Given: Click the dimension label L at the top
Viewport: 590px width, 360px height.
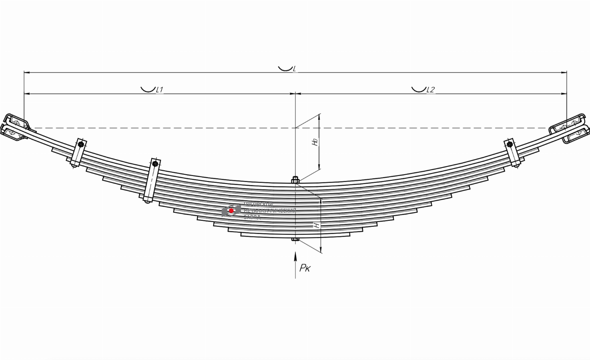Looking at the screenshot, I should tap(295, 69).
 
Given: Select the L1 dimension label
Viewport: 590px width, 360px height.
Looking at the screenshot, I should tap(159, 90).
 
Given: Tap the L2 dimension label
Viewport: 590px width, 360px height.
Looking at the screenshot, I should tap(430, 90).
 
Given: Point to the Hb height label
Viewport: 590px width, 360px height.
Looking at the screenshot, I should tap(315, 142).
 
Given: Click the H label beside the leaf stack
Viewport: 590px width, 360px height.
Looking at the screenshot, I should tap(317, 226).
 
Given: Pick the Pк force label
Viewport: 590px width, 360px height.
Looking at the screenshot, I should tap(305, 268).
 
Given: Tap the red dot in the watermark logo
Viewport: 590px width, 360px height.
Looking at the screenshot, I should tap(231, 211).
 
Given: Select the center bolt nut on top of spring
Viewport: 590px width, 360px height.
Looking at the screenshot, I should tap(295, 180).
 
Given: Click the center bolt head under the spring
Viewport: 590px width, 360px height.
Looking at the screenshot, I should tap(295, 240).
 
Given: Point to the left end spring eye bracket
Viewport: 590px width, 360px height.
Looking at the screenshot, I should tap(14, 127).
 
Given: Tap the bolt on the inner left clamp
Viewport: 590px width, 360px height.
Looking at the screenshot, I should tap(155, 164).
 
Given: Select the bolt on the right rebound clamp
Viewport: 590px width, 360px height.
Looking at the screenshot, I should tap(510, 144).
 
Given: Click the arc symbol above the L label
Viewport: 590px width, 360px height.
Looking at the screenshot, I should tap(285, 68).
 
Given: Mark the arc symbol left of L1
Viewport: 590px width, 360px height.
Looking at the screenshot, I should tap(148, 88).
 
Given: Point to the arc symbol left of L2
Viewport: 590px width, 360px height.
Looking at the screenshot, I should tap(419, 88).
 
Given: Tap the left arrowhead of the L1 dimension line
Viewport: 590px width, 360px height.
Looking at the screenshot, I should tap(26, 94).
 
